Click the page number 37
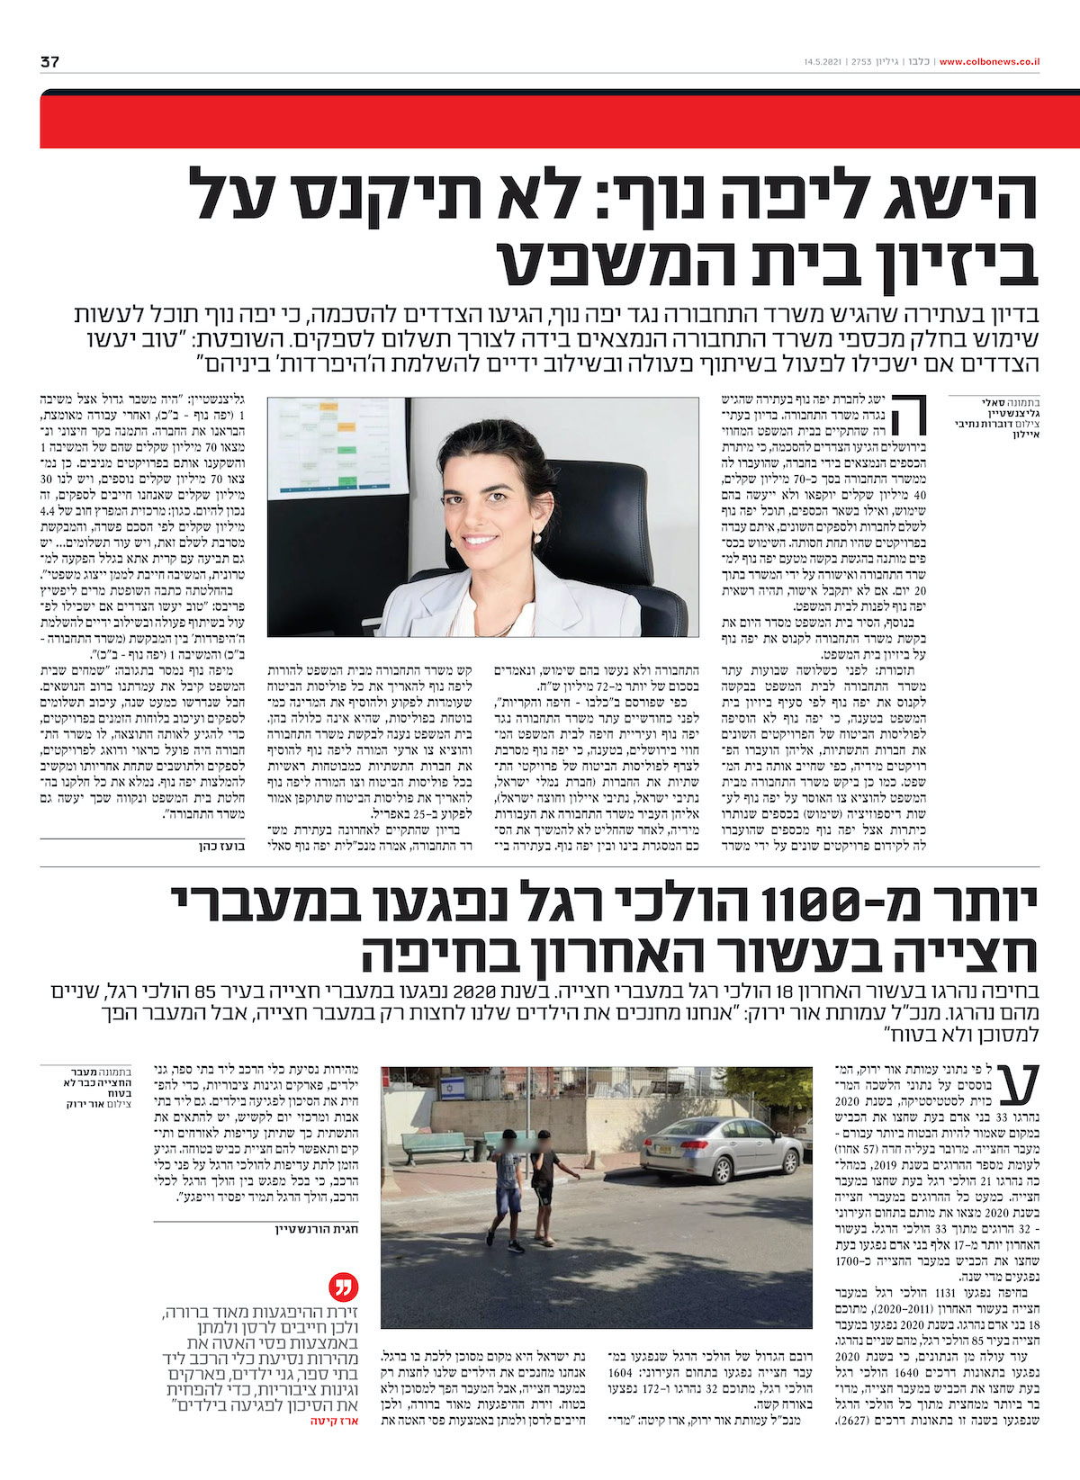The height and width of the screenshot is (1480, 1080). (x=49, y=62)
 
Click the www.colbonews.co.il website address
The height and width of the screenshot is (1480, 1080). (x=989, y=62)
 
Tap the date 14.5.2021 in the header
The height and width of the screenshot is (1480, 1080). (x=823, y=62)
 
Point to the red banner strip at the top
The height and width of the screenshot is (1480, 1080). (x=558, y=121)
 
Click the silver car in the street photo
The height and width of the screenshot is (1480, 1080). (x=720, y=1151)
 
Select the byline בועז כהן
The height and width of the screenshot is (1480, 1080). (x=221, y=846)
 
